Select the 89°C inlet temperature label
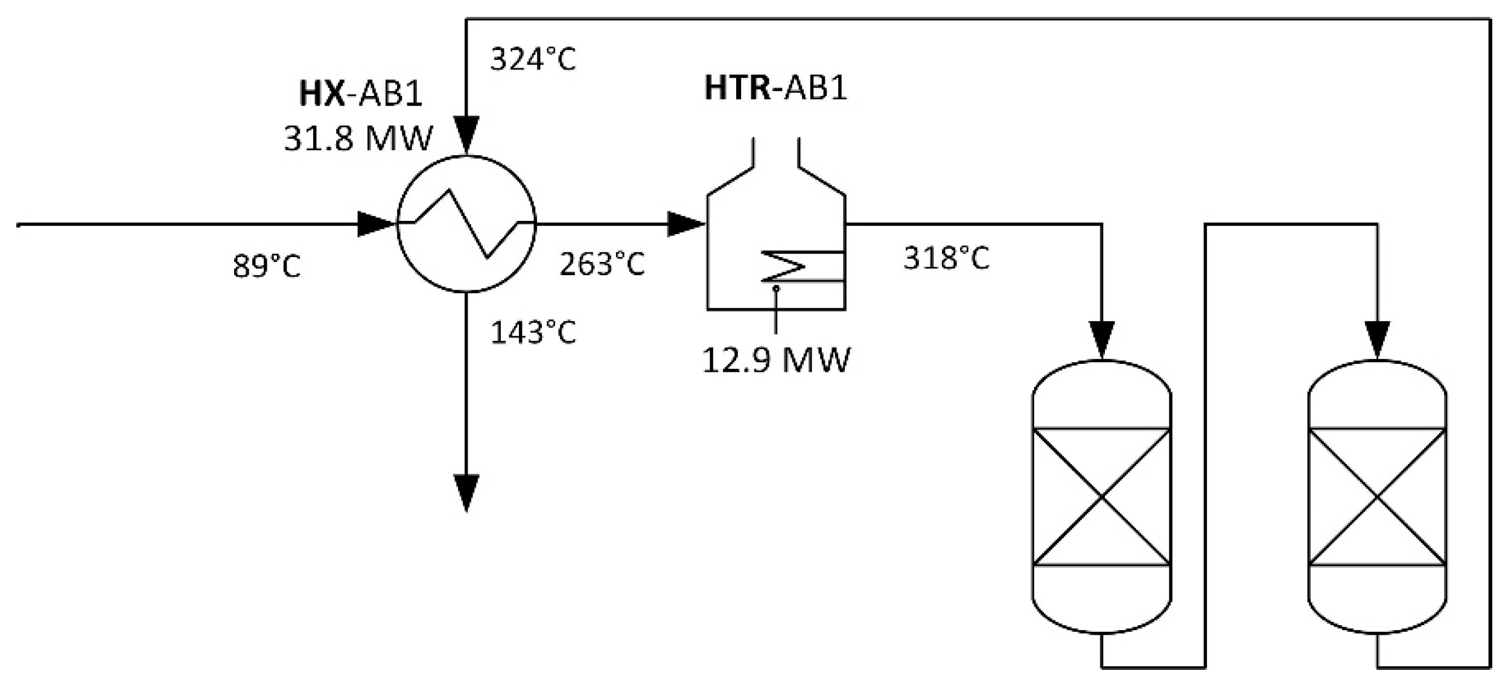(x=267, y=266)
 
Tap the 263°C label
(x=602, y=264)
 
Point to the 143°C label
(x=533, y=333)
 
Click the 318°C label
(x=946, y=258)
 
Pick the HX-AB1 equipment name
(x=361, y=95)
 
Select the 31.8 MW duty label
(x=358, y=139)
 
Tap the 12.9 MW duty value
(x=776, y=361)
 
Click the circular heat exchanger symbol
(x=466, y=224)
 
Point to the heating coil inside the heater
(x=784, y=266)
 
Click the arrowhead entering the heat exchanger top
(x=466, y=134)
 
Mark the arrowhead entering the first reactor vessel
(x=1102, y=339)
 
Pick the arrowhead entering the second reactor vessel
(x=1377, y=339)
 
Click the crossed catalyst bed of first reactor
(x=1102, y=497)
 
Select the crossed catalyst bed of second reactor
(x=1377, y=497)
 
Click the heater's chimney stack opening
(x=776, y=151)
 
